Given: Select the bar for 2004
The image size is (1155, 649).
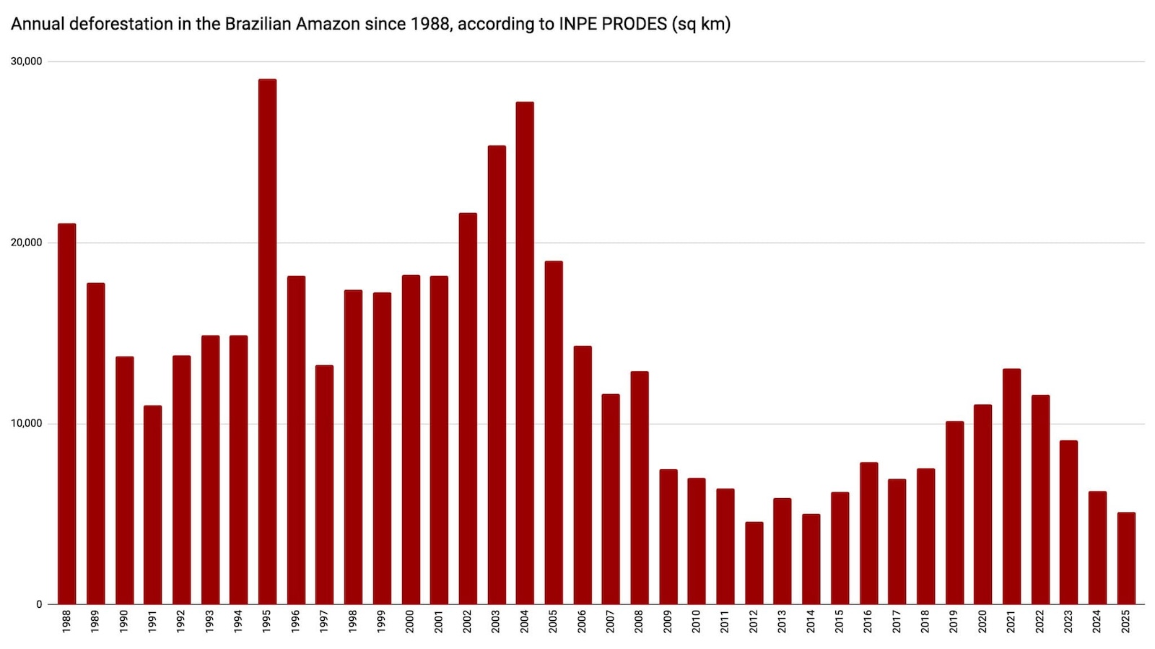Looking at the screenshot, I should coord(525,353).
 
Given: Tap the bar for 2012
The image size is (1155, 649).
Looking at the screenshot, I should coord(754,563).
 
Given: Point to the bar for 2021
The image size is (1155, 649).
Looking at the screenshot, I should coord(1011,487).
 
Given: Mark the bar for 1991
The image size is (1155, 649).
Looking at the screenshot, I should coord(152,505).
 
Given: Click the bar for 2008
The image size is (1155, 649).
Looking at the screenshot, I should coord(639,488).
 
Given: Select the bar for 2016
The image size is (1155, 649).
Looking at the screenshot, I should coord(868,533).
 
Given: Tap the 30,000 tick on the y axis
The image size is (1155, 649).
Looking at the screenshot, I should coord(27,61).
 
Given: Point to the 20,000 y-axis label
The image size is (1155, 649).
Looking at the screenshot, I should coord(27,243).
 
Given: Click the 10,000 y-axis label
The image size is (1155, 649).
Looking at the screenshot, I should coord(27,424).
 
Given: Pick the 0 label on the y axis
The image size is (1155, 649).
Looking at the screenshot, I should coord(39,605).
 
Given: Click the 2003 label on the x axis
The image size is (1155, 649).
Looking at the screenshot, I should coord(496,622).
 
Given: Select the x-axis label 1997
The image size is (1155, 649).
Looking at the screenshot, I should coord(324,622).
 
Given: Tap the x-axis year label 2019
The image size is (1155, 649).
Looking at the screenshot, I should coord(954,622).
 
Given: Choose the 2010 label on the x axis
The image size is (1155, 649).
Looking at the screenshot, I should coord(696,622).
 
